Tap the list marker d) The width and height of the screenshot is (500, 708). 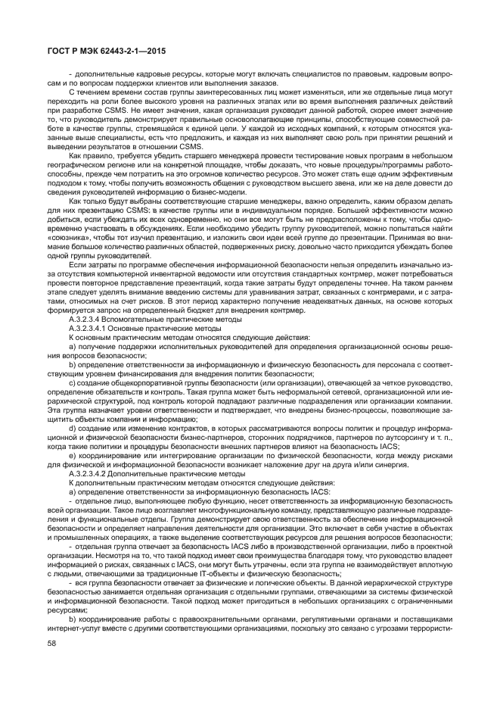tap(73, 428)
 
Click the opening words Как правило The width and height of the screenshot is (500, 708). tap(85, 154)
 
